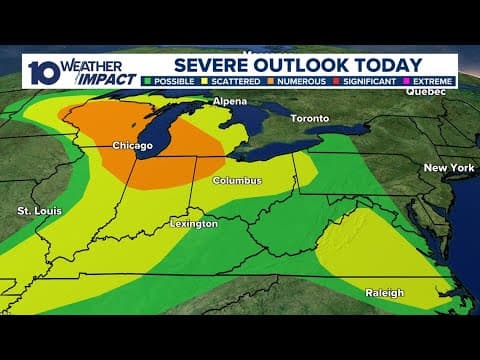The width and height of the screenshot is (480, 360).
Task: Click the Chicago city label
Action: tap(132, 146)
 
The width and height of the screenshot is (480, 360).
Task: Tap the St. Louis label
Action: tap(37, 210)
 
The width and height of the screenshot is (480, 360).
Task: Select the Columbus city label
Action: tap(238, 181)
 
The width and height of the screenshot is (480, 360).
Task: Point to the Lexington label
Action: tap(193, 224)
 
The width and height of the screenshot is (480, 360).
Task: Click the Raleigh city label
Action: tap(384, 293)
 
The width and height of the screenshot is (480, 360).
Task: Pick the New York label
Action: tap(448, 167)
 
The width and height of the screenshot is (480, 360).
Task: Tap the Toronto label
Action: tap(310, 118)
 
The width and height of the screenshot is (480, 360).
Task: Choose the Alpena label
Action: tap(229, 102)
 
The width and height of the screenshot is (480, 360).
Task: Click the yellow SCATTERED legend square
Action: tap(207, 81)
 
